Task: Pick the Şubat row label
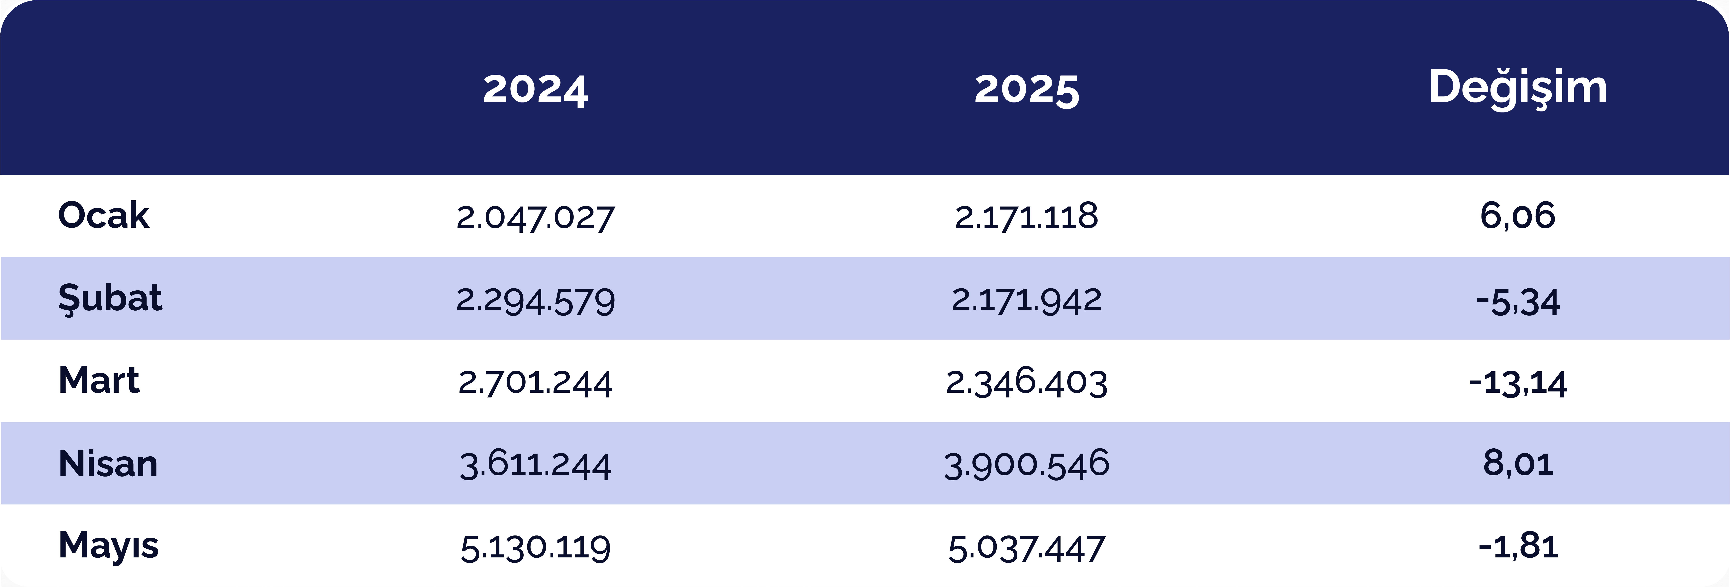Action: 110,298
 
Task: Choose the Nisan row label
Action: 108,463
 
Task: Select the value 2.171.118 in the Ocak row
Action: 1027,216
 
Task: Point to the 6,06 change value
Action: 1518,216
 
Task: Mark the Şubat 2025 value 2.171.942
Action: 1027,300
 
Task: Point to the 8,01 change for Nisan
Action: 1518,463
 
